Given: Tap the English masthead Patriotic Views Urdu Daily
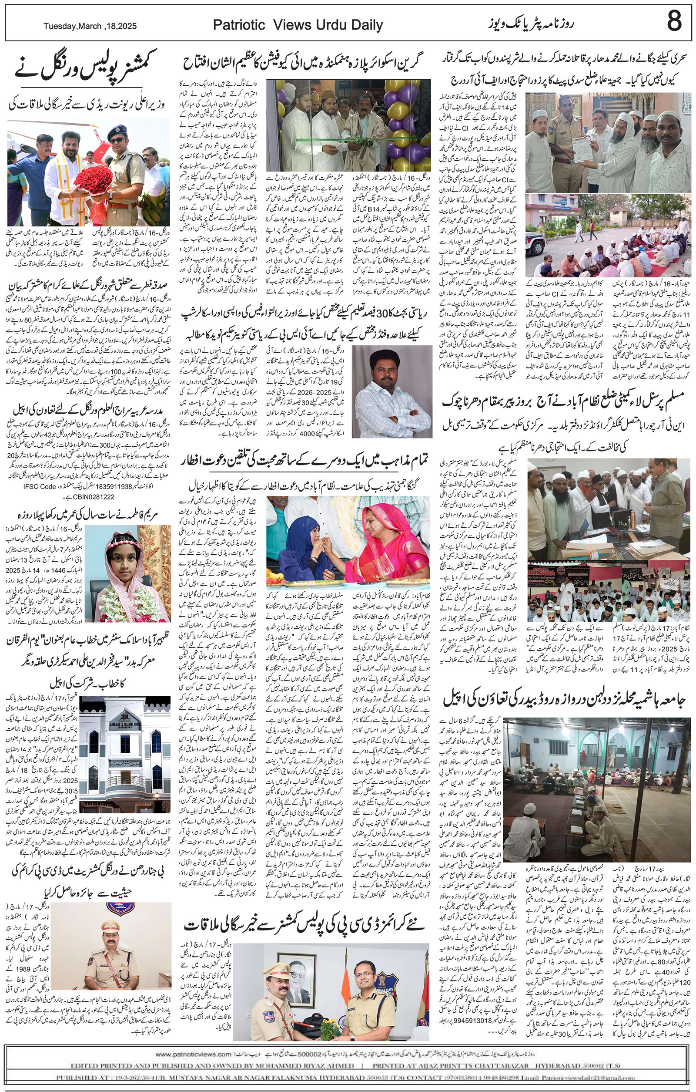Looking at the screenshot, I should point(298,26).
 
